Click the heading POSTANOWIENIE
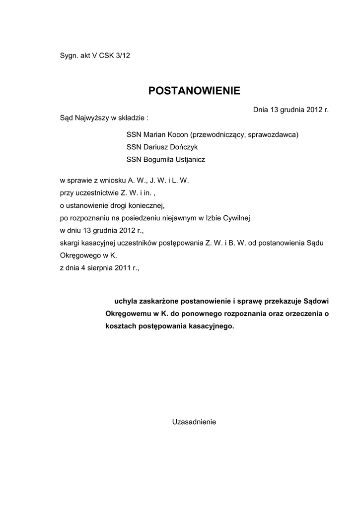click(194, 90)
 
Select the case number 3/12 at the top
click(122, 56)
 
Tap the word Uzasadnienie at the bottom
click(194, 422)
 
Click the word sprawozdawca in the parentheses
click(275, 134)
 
